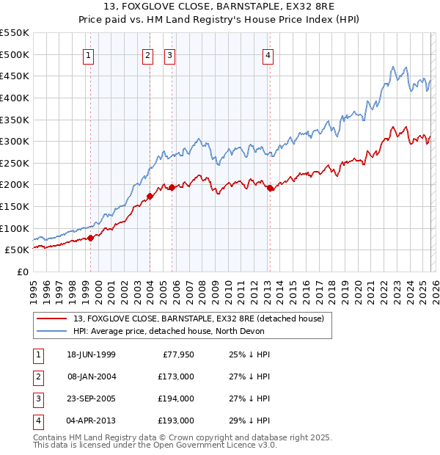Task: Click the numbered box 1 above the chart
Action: [89, 55]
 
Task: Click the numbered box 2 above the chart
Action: [147, 55]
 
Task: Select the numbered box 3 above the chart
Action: [170, 55]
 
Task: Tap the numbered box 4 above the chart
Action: [268, 55]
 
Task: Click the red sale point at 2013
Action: [269, 188]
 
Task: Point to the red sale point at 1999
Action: [91, 237]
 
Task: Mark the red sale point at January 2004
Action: [150, 196]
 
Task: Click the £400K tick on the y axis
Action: [15, 98]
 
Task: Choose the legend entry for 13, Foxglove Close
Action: [202, 318]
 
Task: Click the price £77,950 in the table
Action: [177, 354]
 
